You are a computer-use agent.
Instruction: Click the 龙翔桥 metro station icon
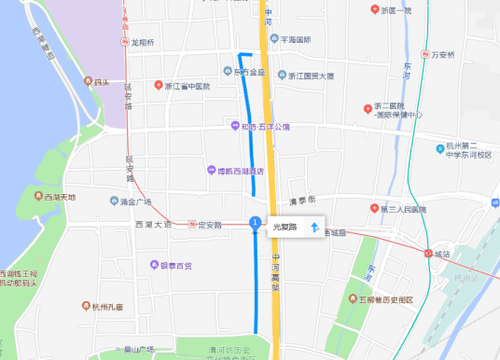125,43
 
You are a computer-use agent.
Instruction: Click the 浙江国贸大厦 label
317,75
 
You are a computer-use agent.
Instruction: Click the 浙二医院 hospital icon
367,107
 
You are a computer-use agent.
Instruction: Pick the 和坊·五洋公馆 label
267,126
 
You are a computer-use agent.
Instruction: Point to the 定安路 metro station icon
191,225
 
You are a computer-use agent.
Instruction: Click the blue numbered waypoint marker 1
255,221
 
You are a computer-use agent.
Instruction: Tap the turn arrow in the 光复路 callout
314,227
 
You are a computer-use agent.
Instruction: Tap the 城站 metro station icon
428,253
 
